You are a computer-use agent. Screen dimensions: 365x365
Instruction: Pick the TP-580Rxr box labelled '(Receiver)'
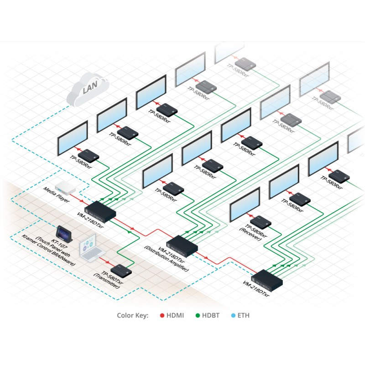pos(261,222)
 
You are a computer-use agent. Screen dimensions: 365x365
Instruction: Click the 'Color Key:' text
pos(133,315)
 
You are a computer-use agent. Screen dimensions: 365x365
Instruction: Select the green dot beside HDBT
pos(198,315)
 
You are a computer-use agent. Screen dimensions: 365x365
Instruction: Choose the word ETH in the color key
pos(243,315)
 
